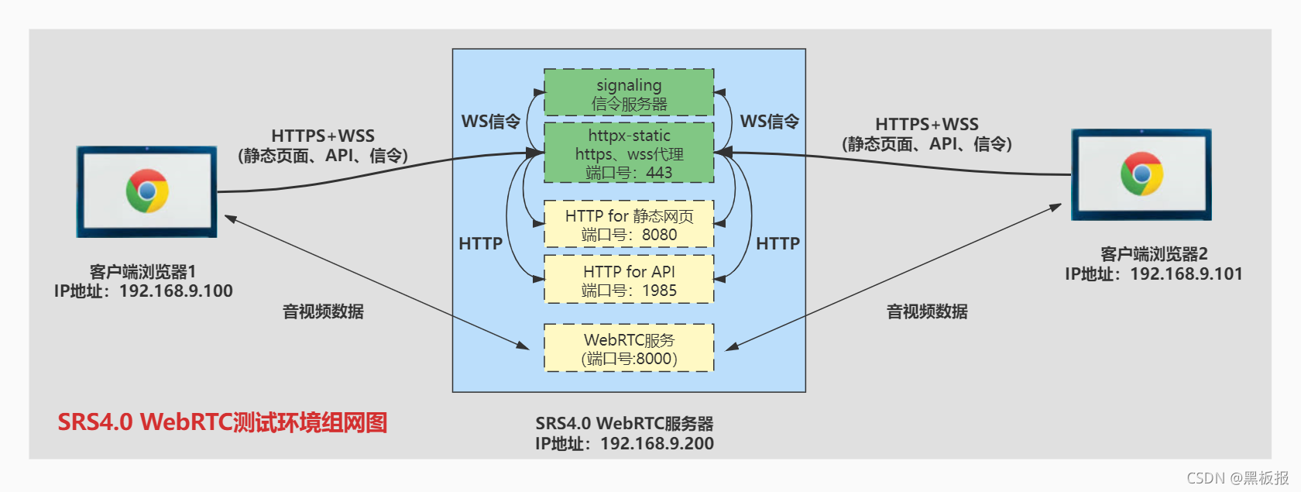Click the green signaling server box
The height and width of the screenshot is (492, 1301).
tap(629, 93)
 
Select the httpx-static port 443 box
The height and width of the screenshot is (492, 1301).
tap(629, 153)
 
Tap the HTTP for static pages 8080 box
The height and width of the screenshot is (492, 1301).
tap(629, 225)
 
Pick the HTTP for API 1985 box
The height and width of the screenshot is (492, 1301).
tap(629, 280)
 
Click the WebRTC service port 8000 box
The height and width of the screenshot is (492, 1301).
tap(629, 349)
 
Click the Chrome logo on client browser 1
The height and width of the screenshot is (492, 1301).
tap(147, 191)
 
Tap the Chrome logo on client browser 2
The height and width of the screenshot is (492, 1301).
tap(1141, 174)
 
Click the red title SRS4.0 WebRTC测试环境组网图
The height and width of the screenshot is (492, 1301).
tap(222, 423)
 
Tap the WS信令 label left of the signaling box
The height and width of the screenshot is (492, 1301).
tap(490, 122)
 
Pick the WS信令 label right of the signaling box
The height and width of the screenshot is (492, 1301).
tap(769, 122)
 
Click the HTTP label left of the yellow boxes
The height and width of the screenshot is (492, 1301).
tap(480, 244)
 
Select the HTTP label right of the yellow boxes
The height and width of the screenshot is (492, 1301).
tap(778, 244)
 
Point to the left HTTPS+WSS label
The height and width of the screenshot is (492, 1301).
tap(322, 136)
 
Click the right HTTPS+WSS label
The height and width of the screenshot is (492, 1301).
tap(926, 125)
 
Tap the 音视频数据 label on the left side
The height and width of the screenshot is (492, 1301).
tap(323, 311)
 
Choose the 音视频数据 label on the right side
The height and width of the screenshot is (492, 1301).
tap(927, 311)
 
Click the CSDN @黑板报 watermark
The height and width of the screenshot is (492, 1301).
tap(1237, 478)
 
